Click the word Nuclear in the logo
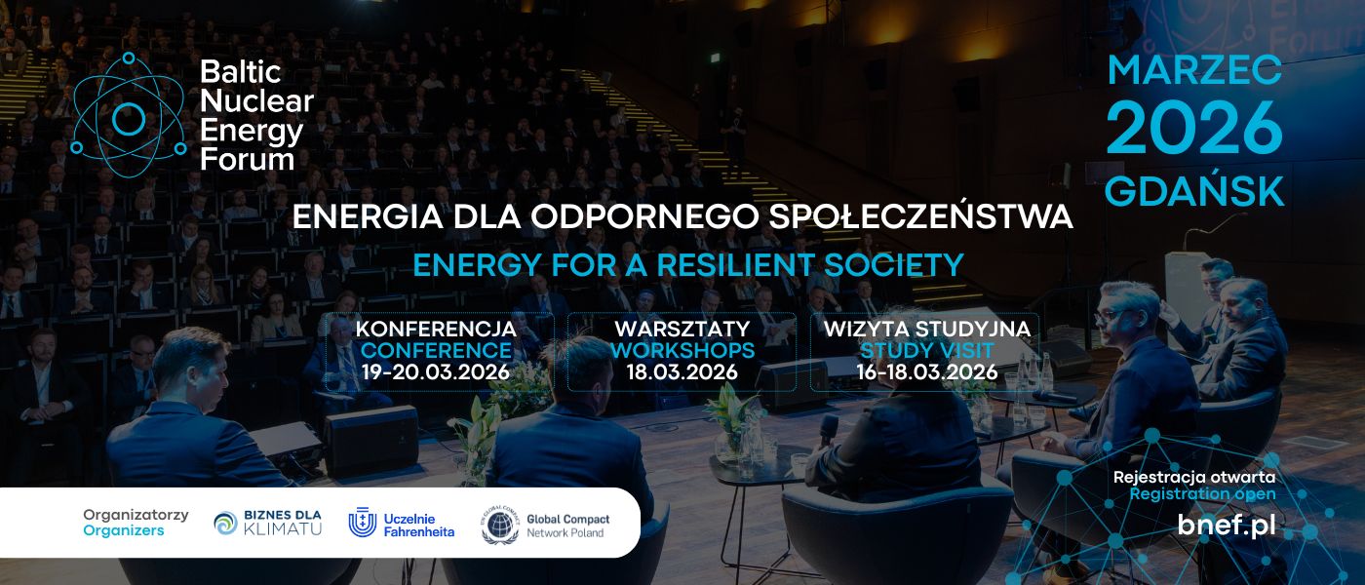(256, 100)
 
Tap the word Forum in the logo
(247, 159)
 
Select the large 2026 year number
(1194, 128)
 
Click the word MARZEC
(1194, 69)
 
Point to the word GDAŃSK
(1194, 192)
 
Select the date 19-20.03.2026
(436, 371)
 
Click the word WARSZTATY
(682, 329)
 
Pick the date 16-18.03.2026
(926, 371)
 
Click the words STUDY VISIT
(926, 350)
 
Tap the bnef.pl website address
(1226, 525)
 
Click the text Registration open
(1202, 493)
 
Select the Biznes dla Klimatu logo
(268, 523)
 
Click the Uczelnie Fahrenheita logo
(402, 524)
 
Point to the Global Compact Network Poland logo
(542, 525)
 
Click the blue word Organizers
(124, 531)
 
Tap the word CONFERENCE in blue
(436, 350)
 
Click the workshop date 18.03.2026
(682, 371)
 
